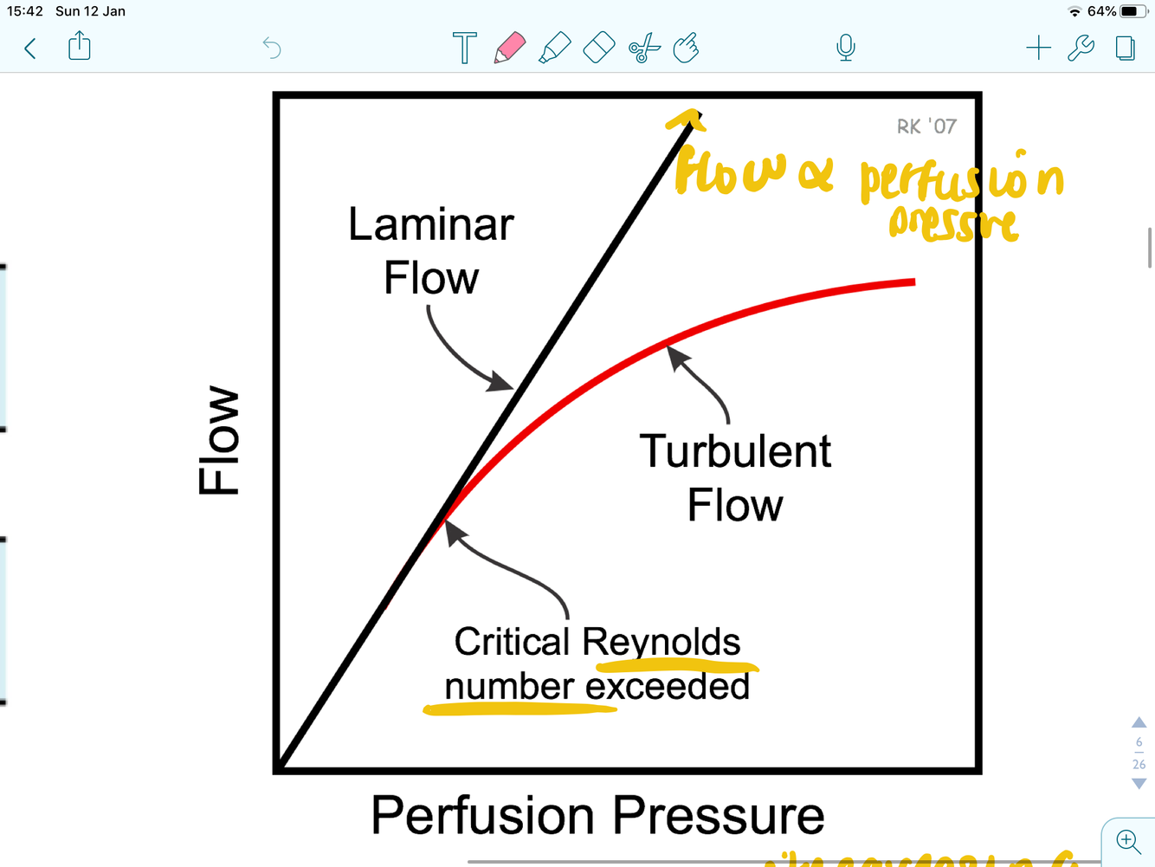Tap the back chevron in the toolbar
(x=30, y=49)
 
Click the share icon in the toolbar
(x=80, y=46)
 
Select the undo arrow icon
(x=272, y=48)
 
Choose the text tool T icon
(x=464, y=48)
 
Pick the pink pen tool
(x=510, y=48)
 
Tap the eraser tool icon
(x=599, y=48)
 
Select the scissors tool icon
(x=644, y=49)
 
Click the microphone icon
(x=846, y=48)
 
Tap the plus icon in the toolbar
(x=1038, y=48)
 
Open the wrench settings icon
(x=1081, y=48)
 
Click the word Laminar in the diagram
(x=430, y=225)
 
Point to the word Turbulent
(x=735, y=452)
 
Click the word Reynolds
(x=661, y=643)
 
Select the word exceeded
(x=668, y=687)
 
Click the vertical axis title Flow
(x=219, y=441)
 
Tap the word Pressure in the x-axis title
(x=719, y=815)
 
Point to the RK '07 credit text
(x=926, y=126)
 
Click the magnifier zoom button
(x=1127, y=841)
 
